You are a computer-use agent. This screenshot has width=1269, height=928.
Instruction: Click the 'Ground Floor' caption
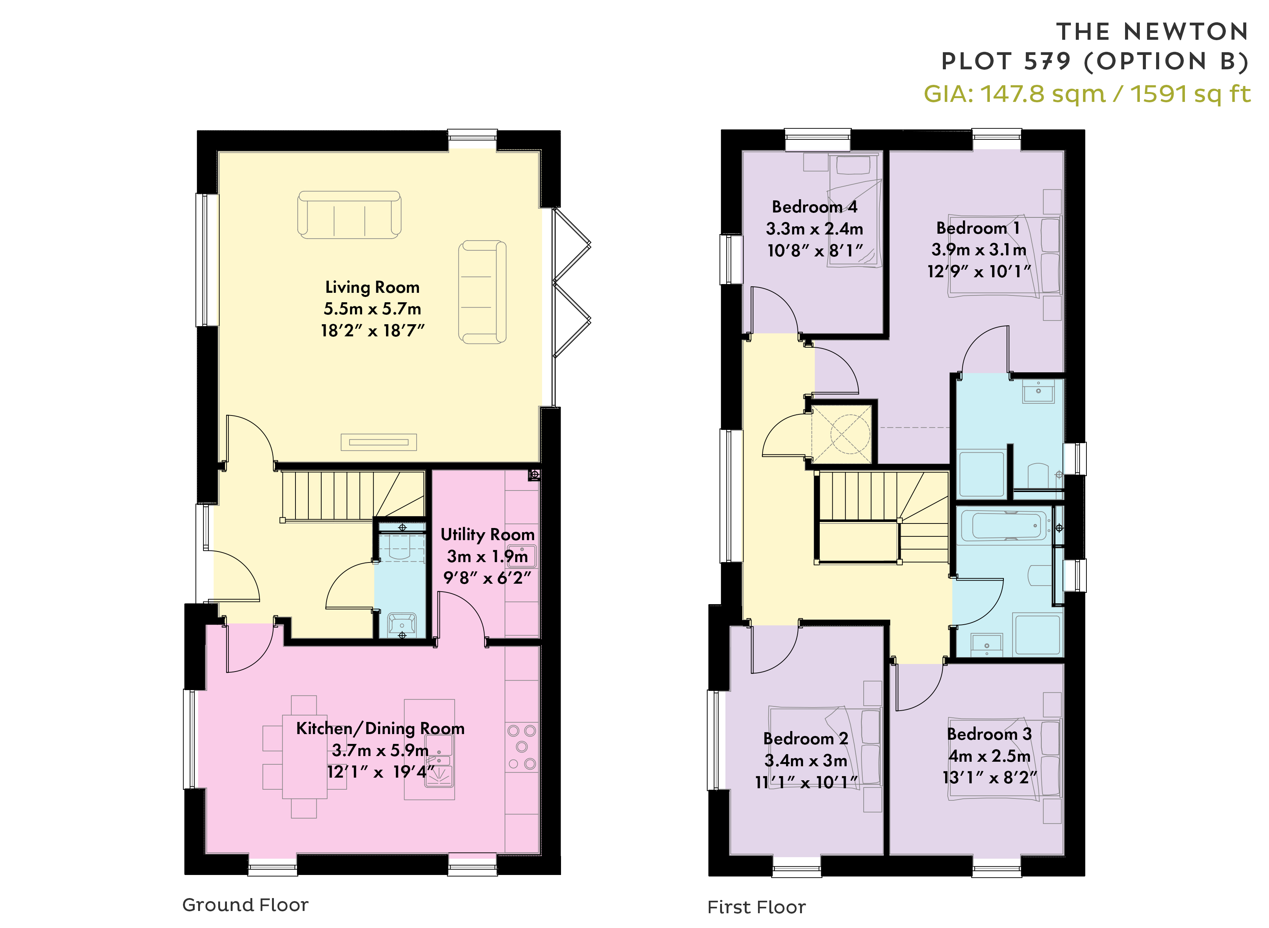(245, 905)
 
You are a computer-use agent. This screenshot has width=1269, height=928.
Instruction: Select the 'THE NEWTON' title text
(1152, 32)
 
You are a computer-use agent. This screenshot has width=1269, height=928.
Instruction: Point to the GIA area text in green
(1088, 94)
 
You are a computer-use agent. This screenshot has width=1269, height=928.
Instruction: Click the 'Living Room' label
(372, 287)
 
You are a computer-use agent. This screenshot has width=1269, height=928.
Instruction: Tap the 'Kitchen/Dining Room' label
(380, 729)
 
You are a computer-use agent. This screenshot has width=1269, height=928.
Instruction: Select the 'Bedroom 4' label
(814, 207)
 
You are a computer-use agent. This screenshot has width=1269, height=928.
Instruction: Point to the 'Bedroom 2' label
(806, 739)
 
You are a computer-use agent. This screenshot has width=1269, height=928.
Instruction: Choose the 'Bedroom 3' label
(989, 734)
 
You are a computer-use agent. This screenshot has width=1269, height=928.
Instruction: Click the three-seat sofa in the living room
(349, 215)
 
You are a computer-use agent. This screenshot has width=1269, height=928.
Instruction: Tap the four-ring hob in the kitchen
(522, 747)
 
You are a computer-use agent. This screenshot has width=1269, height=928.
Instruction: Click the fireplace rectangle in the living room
(379, 442)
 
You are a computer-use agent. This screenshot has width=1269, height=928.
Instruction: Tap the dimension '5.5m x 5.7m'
(372, 309)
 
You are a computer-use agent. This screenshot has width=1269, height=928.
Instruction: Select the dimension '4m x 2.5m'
(989, 756)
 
